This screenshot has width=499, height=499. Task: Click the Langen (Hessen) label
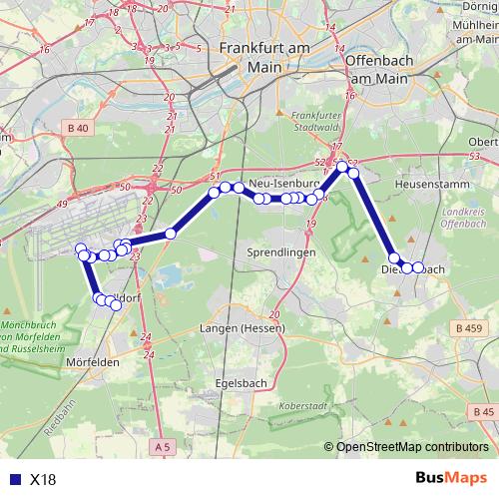[243, 328]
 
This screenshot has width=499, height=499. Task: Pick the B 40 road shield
[79, 128]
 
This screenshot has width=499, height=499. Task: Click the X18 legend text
[43, 479]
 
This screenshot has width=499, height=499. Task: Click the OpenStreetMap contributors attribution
[413, 447]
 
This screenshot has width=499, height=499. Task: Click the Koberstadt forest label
[303, 406]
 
